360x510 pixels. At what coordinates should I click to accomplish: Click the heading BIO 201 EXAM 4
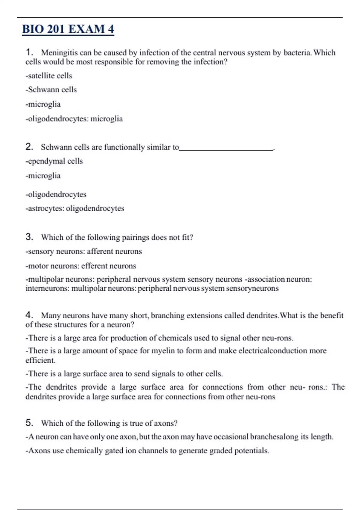[68, 29]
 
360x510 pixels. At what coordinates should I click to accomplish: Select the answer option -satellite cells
[49, 76]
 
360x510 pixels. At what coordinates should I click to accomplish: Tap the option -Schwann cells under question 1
[51, 90]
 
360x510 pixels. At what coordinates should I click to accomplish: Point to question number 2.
[29, 147]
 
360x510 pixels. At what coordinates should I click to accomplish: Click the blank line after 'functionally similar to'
[226, 148]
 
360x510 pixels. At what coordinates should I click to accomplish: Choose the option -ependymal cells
[54, 161]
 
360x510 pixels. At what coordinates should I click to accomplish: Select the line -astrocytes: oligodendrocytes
[75, 208]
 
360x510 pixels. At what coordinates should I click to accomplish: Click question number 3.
[29, 237]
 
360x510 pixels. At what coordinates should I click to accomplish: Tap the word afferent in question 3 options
[100, 251]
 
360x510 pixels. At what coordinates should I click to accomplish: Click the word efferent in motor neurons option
[94, 266]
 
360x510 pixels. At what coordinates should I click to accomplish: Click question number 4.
[29, 315]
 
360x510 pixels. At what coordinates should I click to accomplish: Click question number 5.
[29, 423]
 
